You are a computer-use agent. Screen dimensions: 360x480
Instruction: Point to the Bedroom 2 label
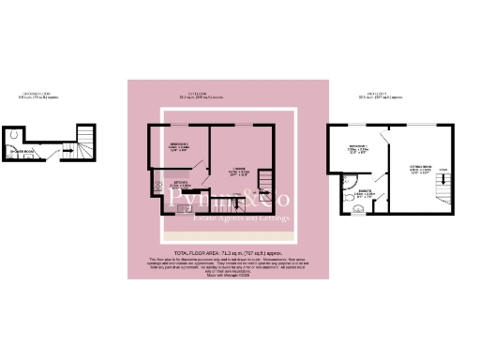pos(181,142)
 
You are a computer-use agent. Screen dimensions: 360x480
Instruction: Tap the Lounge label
pos(236,171)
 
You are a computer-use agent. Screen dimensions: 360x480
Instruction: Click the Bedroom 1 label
pos(357,148)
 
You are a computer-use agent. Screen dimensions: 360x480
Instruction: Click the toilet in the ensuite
pos(350,201)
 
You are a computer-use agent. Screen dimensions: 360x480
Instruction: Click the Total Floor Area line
pos(229,252)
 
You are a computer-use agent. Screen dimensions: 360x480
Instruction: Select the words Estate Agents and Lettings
pos(240,218)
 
